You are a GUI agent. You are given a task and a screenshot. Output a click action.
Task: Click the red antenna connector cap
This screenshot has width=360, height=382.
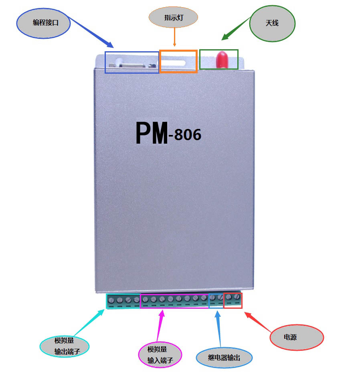pos(222,59)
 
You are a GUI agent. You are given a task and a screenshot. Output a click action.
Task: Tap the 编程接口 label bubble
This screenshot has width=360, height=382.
pos(43,23)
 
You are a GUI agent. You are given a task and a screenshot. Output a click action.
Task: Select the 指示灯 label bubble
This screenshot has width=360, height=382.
pos(173,17)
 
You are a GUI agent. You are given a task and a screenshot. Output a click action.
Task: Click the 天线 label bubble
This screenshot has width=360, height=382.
pos(272,23)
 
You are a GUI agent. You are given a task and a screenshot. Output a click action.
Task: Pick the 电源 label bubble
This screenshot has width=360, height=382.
pos(297,338)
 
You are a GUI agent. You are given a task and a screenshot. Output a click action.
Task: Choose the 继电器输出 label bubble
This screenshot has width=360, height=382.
pos(224,358)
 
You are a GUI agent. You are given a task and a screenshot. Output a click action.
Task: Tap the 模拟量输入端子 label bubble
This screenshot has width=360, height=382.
pos(160,355)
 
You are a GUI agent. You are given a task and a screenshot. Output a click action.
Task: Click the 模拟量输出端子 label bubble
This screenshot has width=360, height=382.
pos(65,346)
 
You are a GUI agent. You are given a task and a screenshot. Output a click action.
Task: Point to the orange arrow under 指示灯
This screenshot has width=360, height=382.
pos(174,37)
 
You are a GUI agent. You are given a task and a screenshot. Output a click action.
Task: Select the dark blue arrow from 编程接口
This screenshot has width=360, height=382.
pos(90,32)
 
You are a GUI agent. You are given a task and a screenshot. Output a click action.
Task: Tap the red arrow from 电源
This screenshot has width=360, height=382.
pos(257,322)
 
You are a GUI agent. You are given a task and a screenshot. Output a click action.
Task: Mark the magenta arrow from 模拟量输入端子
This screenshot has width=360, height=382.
pos(160,326)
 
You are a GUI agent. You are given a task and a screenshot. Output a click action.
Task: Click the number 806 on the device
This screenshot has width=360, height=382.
pos(188,134)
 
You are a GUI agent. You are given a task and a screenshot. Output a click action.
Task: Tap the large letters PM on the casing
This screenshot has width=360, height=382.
pos(152,133)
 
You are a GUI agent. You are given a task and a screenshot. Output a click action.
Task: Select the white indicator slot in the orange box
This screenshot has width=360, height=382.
pos(174,64)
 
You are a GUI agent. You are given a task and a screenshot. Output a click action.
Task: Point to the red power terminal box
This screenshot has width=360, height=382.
pos(233,301)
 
